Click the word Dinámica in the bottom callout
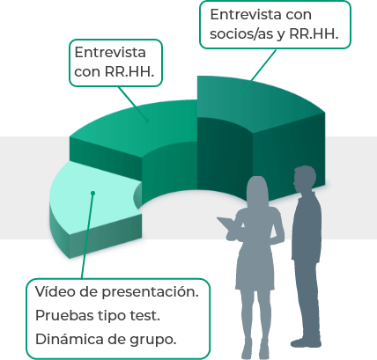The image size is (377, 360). [70, 339]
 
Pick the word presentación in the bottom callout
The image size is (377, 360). [151, 292]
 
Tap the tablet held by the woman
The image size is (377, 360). [228, 224]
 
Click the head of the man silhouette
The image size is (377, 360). [305, 178]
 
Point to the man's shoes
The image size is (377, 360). [306, 343]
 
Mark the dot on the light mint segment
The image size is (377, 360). [92, 193]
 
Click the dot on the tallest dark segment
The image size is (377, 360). [240, 95]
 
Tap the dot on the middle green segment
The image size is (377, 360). [147, 121]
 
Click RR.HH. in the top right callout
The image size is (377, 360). [314, 33]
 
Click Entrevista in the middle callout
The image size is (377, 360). [110, 53]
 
